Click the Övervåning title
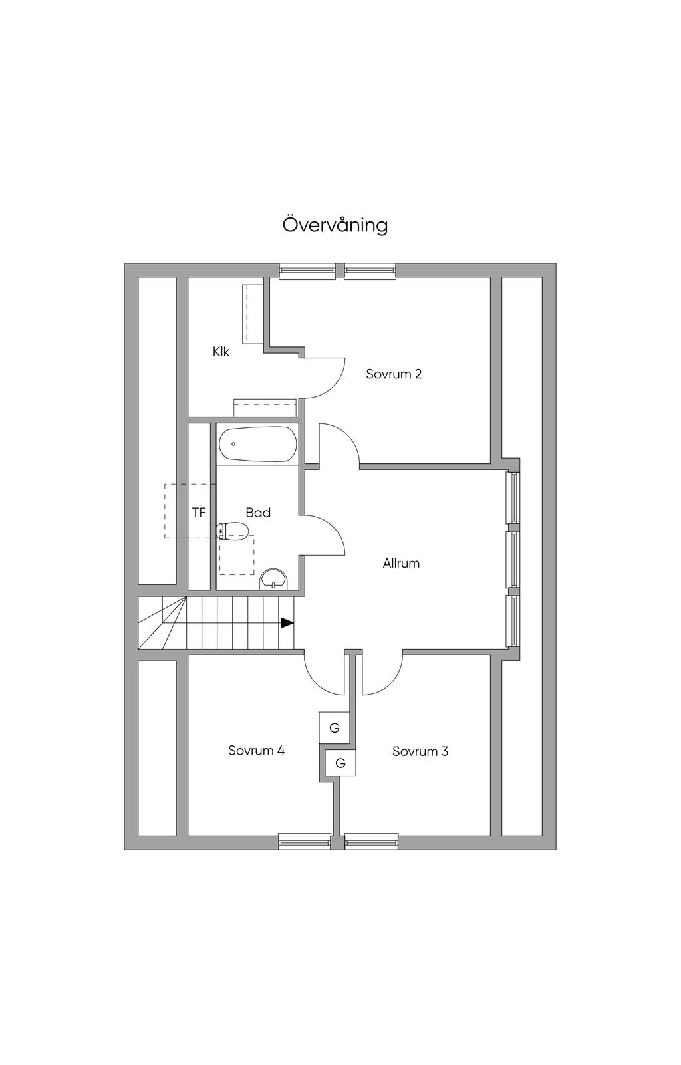335,225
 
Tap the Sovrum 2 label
394,374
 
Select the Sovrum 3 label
420,752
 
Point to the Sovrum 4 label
256,751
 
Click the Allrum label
401,564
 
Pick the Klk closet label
221,352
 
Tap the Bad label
258,513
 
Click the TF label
199,513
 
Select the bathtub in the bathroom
257,444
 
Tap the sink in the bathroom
273,579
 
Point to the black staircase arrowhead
287,623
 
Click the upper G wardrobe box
334,728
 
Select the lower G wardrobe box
340,763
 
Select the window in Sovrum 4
305,841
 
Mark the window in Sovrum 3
372,841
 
